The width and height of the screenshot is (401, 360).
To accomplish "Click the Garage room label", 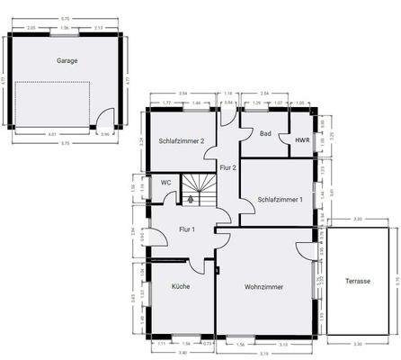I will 66,61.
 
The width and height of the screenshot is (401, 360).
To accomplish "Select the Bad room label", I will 265,133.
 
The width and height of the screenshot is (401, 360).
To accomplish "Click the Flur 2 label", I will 227,167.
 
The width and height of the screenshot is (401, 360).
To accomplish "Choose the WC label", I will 165,183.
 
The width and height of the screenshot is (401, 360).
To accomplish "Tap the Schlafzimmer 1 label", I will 280,199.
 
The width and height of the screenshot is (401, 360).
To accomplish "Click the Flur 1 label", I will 187,229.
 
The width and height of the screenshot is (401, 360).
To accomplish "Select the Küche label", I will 181,286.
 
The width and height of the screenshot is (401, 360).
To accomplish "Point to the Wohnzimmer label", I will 264,286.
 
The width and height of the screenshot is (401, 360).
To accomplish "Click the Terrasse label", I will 357,281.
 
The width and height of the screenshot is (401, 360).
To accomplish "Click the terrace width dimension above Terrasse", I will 357,219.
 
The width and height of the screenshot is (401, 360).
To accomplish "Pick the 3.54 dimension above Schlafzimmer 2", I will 183,93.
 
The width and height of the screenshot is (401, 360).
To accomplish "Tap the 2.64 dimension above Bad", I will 265,93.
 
